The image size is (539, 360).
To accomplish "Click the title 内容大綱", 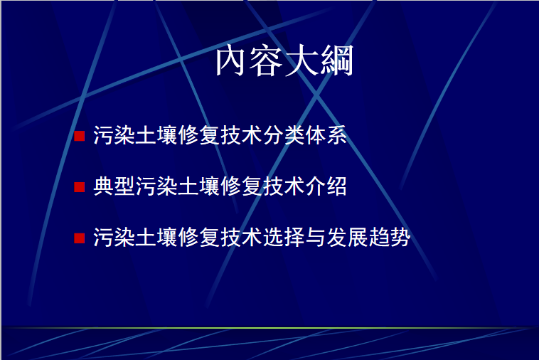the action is pyautogui.click(x=284, y=60).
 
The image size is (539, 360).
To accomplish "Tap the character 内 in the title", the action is pyautogui.click(x=232, y=61).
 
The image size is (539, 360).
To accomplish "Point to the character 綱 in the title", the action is pyautogui.click(x=337, y=60).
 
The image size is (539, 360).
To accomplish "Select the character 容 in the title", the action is pyautogui.click(x=267, y=61).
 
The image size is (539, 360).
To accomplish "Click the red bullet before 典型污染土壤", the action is pyautogui.click(x=80, y=187).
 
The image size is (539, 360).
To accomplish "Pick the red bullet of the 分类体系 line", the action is pyautogui.click(x=80, y=136).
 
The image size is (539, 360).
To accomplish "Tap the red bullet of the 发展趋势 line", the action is pyautogui.click(x=80, y=238).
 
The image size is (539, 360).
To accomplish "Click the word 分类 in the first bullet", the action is pyautogui.click(x=284, y=135).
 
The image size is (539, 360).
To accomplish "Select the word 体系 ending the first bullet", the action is pyautogui.click(x=326, y=135).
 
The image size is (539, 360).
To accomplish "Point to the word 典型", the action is pyautogui.click(x=114, y=186).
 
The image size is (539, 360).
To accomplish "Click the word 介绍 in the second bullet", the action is pyautogui.click(x=326, y=186).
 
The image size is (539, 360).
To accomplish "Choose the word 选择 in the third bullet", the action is pyautogui.click(x=284, y=237).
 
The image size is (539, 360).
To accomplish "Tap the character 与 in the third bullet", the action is pyautogui.click(x=315, y=237).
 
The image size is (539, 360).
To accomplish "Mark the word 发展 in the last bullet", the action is pyautogui.click(x=347, y=237).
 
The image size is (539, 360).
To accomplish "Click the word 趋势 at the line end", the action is pyautogui.click(x=390, y=237).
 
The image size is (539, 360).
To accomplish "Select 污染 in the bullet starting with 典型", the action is pyautogui.click(x=156, y=186).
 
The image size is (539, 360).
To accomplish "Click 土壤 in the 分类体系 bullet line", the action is pyautogui.click(x=156, y=135).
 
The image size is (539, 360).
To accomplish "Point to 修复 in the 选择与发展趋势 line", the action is pyautogui.click(x=199, y=237).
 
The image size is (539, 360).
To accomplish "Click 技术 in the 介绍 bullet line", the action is pyautogui.click(x=284, y=186).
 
